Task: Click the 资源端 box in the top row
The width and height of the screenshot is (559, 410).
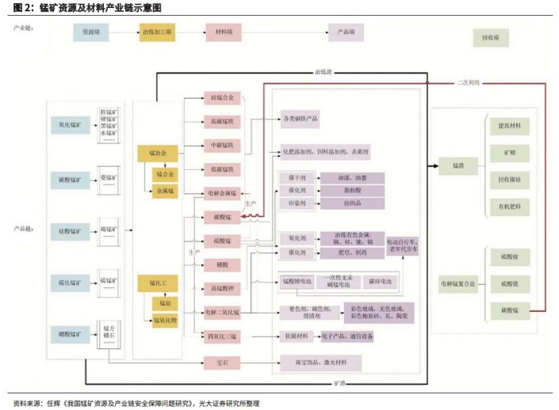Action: (92, 33)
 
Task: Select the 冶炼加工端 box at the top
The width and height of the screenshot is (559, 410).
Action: (157, 33)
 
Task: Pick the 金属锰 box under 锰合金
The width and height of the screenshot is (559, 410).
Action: (165, 190)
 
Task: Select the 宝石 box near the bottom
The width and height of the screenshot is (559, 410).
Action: (223, 363)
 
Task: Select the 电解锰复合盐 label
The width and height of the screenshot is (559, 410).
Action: (456, 283)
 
